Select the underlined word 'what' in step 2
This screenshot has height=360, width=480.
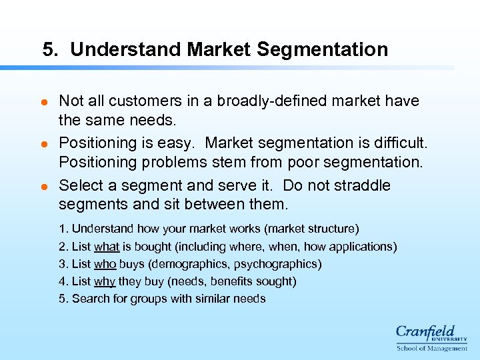[107, 247]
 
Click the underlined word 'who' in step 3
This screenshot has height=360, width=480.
[105, 264]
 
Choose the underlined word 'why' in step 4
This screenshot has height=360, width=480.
[105, 281]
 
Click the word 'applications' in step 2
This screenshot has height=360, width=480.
[363, 247]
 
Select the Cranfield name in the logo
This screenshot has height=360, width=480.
[425, 331]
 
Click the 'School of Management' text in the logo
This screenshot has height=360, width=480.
[432, 348]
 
